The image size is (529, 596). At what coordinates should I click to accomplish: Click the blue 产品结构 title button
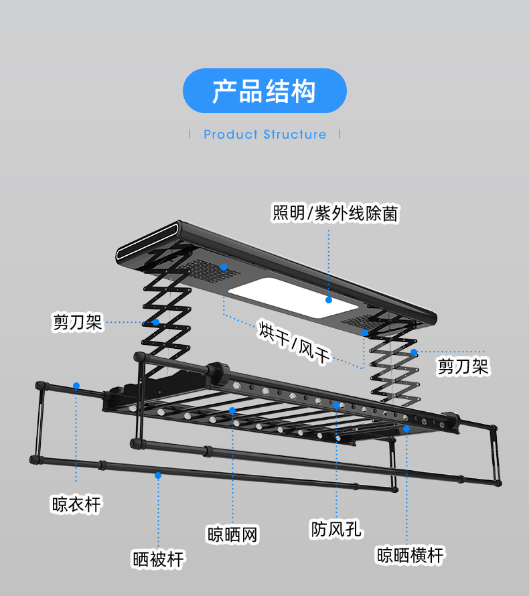pos(264,90)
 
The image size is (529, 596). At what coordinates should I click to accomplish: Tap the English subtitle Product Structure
pos(265,135)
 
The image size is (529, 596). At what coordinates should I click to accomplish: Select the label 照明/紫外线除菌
pos(335,214)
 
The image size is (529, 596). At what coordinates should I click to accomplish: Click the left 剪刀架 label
pos(77,322)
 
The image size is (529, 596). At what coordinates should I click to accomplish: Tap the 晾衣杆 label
pos(76,504)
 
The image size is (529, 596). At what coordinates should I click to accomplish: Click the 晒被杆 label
pos(158,558)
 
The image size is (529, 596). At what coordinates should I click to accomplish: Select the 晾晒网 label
pos(232,534)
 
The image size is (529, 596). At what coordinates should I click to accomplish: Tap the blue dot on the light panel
pos(329,299)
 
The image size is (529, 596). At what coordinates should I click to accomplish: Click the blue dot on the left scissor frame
pos(155,322)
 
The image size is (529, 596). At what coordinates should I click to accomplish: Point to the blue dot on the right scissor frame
pos(414,352)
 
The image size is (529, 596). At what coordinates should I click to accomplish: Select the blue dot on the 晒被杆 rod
pos(158,475)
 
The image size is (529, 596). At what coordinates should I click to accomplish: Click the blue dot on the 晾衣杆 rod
pos(76,386)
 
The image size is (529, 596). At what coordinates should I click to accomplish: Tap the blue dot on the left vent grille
pos(224,267)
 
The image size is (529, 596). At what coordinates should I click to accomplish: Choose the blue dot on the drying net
pos(232,410)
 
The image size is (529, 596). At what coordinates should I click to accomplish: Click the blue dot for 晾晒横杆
pos(406,427)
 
